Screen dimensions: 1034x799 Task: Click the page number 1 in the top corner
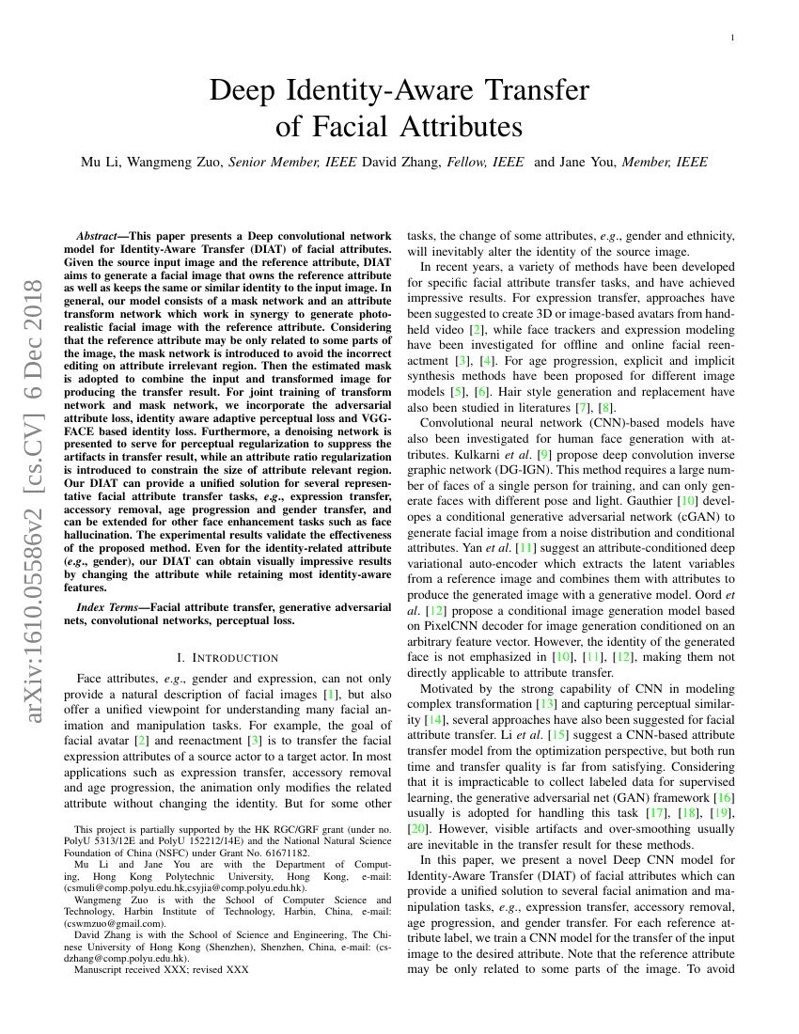pyautogui.click(x=732, y=37)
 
